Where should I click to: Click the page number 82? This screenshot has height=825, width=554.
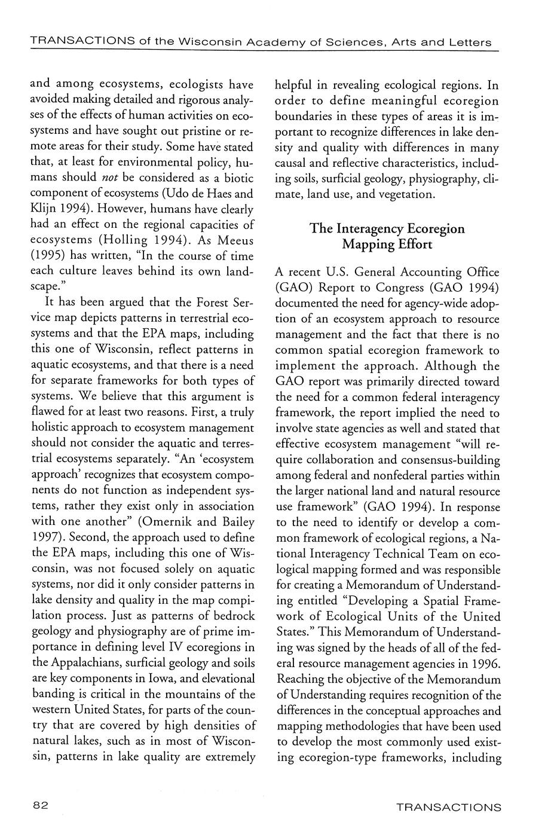(x=41, y=805)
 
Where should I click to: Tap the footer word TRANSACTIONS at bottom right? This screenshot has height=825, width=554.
(x=449, y=807)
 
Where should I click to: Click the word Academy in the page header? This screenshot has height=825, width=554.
(x=244, y=42)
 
